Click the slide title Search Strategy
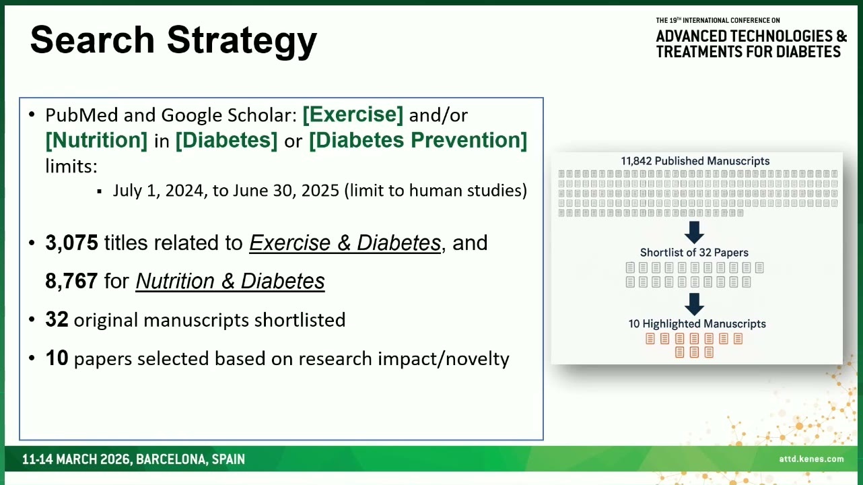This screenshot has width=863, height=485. coord(174,40)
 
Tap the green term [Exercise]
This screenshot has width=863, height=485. coord(353,115)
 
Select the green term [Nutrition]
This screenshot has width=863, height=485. coord(96,140)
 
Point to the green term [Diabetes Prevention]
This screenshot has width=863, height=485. coord(418,140)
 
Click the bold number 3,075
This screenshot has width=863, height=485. coord(71,243)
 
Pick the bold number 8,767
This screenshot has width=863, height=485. coord(71,281)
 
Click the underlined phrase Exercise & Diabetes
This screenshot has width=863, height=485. coord(345,243)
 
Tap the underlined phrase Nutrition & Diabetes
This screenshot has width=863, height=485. coord(230,281)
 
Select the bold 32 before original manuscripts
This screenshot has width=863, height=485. coord(57,319)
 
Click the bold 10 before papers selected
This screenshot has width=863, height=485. coord(57,358)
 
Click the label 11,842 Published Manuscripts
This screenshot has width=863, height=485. coord(695,161)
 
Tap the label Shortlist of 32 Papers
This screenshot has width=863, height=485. coord(694,253)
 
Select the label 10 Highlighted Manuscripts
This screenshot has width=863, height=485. coord(697,324)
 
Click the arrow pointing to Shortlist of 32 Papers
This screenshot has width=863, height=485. coord(694,232)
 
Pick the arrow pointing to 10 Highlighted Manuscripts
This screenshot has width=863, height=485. coord(694,304)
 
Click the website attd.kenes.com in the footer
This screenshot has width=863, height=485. coord(811,459)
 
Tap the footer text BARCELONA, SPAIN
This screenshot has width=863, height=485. coord(191,459)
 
